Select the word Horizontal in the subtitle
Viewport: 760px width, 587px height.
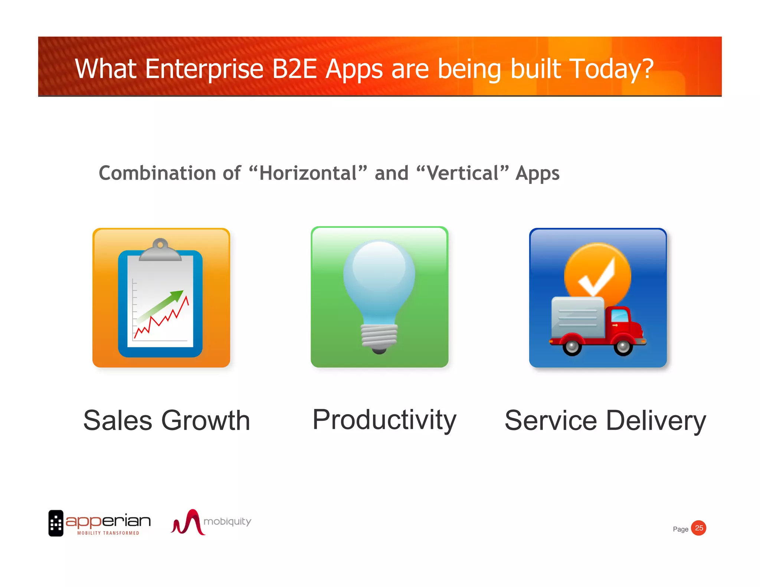308,173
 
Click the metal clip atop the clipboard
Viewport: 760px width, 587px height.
160,250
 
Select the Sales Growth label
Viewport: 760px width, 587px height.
167,420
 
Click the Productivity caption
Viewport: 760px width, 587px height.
384,420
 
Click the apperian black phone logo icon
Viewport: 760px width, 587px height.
56,523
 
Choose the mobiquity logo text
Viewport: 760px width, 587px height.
227,521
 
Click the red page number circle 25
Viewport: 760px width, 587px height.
699,528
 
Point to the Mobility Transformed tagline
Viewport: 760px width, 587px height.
108,533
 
